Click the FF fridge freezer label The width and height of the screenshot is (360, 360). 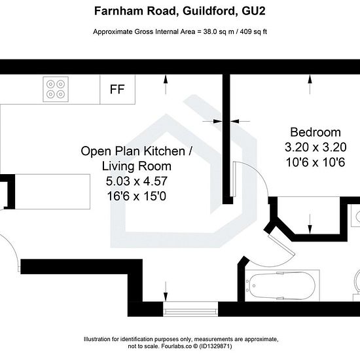pyautogui.click(x=117, y=89)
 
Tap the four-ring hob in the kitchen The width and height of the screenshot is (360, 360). pyautogui.click(x=56, y=89)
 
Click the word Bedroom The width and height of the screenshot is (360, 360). pyautogui.click(x=315, y=132)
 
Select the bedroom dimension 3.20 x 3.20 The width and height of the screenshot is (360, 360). pyautogui.click(x=315, y=147)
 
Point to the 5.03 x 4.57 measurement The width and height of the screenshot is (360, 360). pyautogui.click(x=137, y=181)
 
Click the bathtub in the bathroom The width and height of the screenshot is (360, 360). pyautogui.click(x=282, y=285)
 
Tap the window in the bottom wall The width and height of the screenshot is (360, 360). pyautogui.click(x=190, y=309)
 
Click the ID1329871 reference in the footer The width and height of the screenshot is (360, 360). pyautogui.click(x=215, y=346)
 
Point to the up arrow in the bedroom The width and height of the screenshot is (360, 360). pyautogui.click(x=310, y=84)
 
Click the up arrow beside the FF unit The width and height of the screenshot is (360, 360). pyautogui.click(x=166, y=84)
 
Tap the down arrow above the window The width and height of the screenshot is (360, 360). pyautogui.click(x=166, y=291)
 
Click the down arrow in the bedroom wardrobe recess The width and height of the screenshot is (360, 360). pyautogui.click(x=310, y=224)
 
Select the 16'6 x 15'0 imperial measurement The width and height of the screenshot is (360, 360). pyautogui.click(x=137, y=196)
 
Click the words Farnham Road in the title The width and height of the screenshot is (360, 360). pyautogui.click(x=135, y=11)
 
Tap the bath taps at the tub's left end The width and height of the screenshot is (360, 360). pyautogui.click(x=247, y=286)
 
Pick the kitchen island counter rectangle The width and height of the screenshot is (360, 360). pyautogui.click(x=52, y=192)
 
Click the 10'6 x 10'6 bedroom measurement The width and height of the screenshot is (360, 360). pyautogui.click(x=315, y=162)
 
